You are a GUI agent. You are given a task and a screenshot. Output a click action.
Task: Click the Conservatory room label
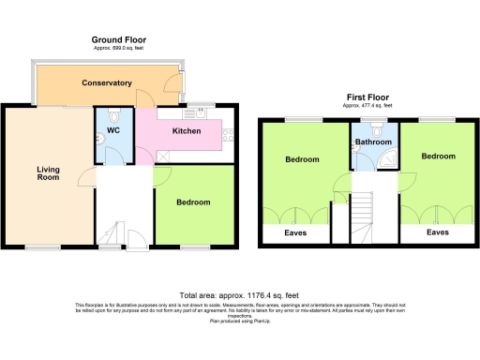[106, 83]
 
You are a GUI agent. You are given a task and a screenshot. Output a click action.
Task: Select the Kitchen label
[186, 131]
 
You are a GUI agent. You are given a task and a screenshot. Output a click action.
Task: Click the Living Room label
[48, 174]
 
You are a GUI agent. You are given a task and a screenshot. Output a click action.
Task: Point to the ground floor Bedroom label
[194, 202]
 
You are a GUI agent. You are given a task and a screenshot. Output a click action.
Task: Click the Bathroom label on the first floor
[374, 142]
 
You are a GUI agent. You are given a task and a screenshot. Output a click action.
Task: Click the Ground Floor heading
[118, 39]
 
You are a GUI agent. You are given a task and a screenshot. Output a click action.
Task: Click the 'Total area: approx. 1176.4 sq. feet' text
[239, 294]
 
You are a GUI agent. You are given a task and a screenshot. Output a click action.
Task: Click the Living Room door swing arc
[85, 178]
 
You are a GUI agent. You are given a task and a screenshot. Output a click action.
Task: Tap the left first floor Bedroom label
[302, 159]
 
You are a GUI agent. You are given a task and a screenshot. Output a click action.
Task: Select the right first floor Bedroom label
[438, 156]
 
